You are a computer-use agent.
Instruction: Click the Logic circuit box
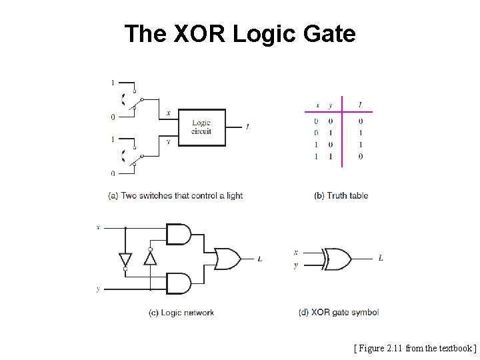pyautogui.click(x=202, y=127)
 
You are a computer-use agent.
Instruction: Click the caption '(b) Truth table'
pyautogui.click(x=341, y=195)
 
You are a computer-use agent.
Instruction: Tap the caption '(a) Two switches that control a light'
pyautogui.click(x=175, y=195)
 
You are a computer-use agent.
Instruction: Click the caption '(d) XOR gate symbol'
pyautogui.click(x=338, y=312)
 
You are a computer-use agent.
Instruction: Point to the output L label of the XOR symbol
pyautogui.click(x=380, y=257)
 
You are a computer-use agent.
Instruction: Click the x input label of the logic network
pyautogui.click(x=98, y=227)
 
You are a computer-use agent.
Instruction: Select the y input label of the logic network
pyautogui.click(x=98, y=289)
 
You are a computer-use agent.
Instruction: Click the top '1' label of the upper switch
pyautogui.click(x=113, y=83)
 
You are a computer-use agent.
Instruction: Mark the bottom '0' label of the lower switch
pyautogui.click(x=113, y=173)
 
